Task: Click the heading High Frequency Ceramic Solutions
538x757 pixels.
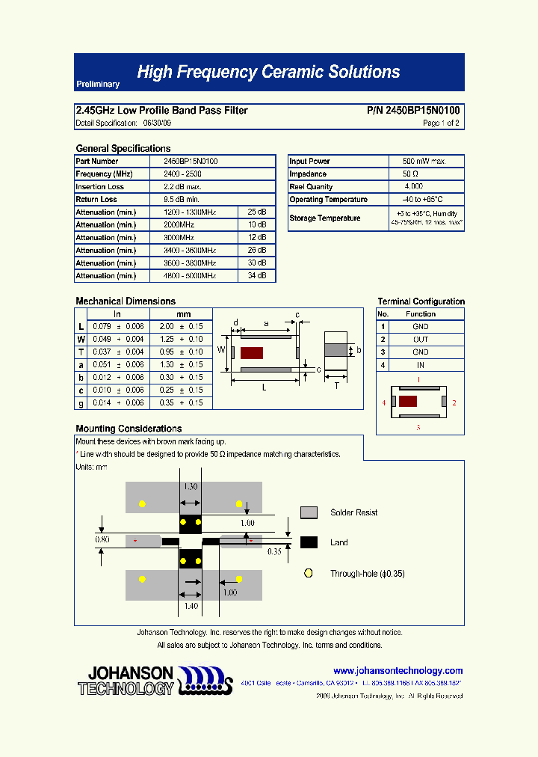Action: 268,72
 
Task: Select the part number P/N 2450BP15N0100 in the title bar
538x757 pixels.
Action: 413,111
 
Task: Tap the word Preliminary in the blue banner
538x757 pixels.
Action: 98,85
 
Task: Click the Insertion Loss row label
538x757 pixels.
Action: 100,187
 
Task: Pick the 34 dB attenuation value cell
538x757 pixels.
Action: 256,276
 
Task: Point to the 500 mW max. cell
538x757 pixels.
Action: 424,162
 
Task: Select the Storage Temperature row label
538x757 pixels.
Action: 325,218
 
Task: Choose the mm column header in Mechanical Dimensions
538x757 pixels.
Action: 183,314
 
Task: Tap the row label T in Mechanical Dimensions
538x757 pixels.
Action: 81,352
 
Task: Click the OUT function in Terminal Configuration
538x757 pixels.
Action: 421,340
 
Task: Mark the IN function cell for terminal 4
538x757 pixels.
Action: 421,365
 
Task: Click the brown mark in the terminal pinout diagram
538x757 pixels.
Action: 408,401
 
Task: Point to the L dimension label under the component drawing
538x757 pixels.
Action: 265,388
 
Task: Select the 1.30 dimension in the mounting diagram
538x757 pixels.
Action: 191,486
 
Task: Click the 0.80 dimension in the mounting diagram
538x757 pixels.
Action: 102,539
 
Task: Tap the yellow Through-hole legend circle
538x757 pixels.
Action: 308,574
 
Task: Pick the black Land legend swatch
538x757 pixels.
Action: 309,542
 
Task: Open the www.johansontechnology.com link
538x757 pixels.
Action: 398,671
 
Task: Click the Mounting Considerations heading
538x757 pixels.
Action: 129,429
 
